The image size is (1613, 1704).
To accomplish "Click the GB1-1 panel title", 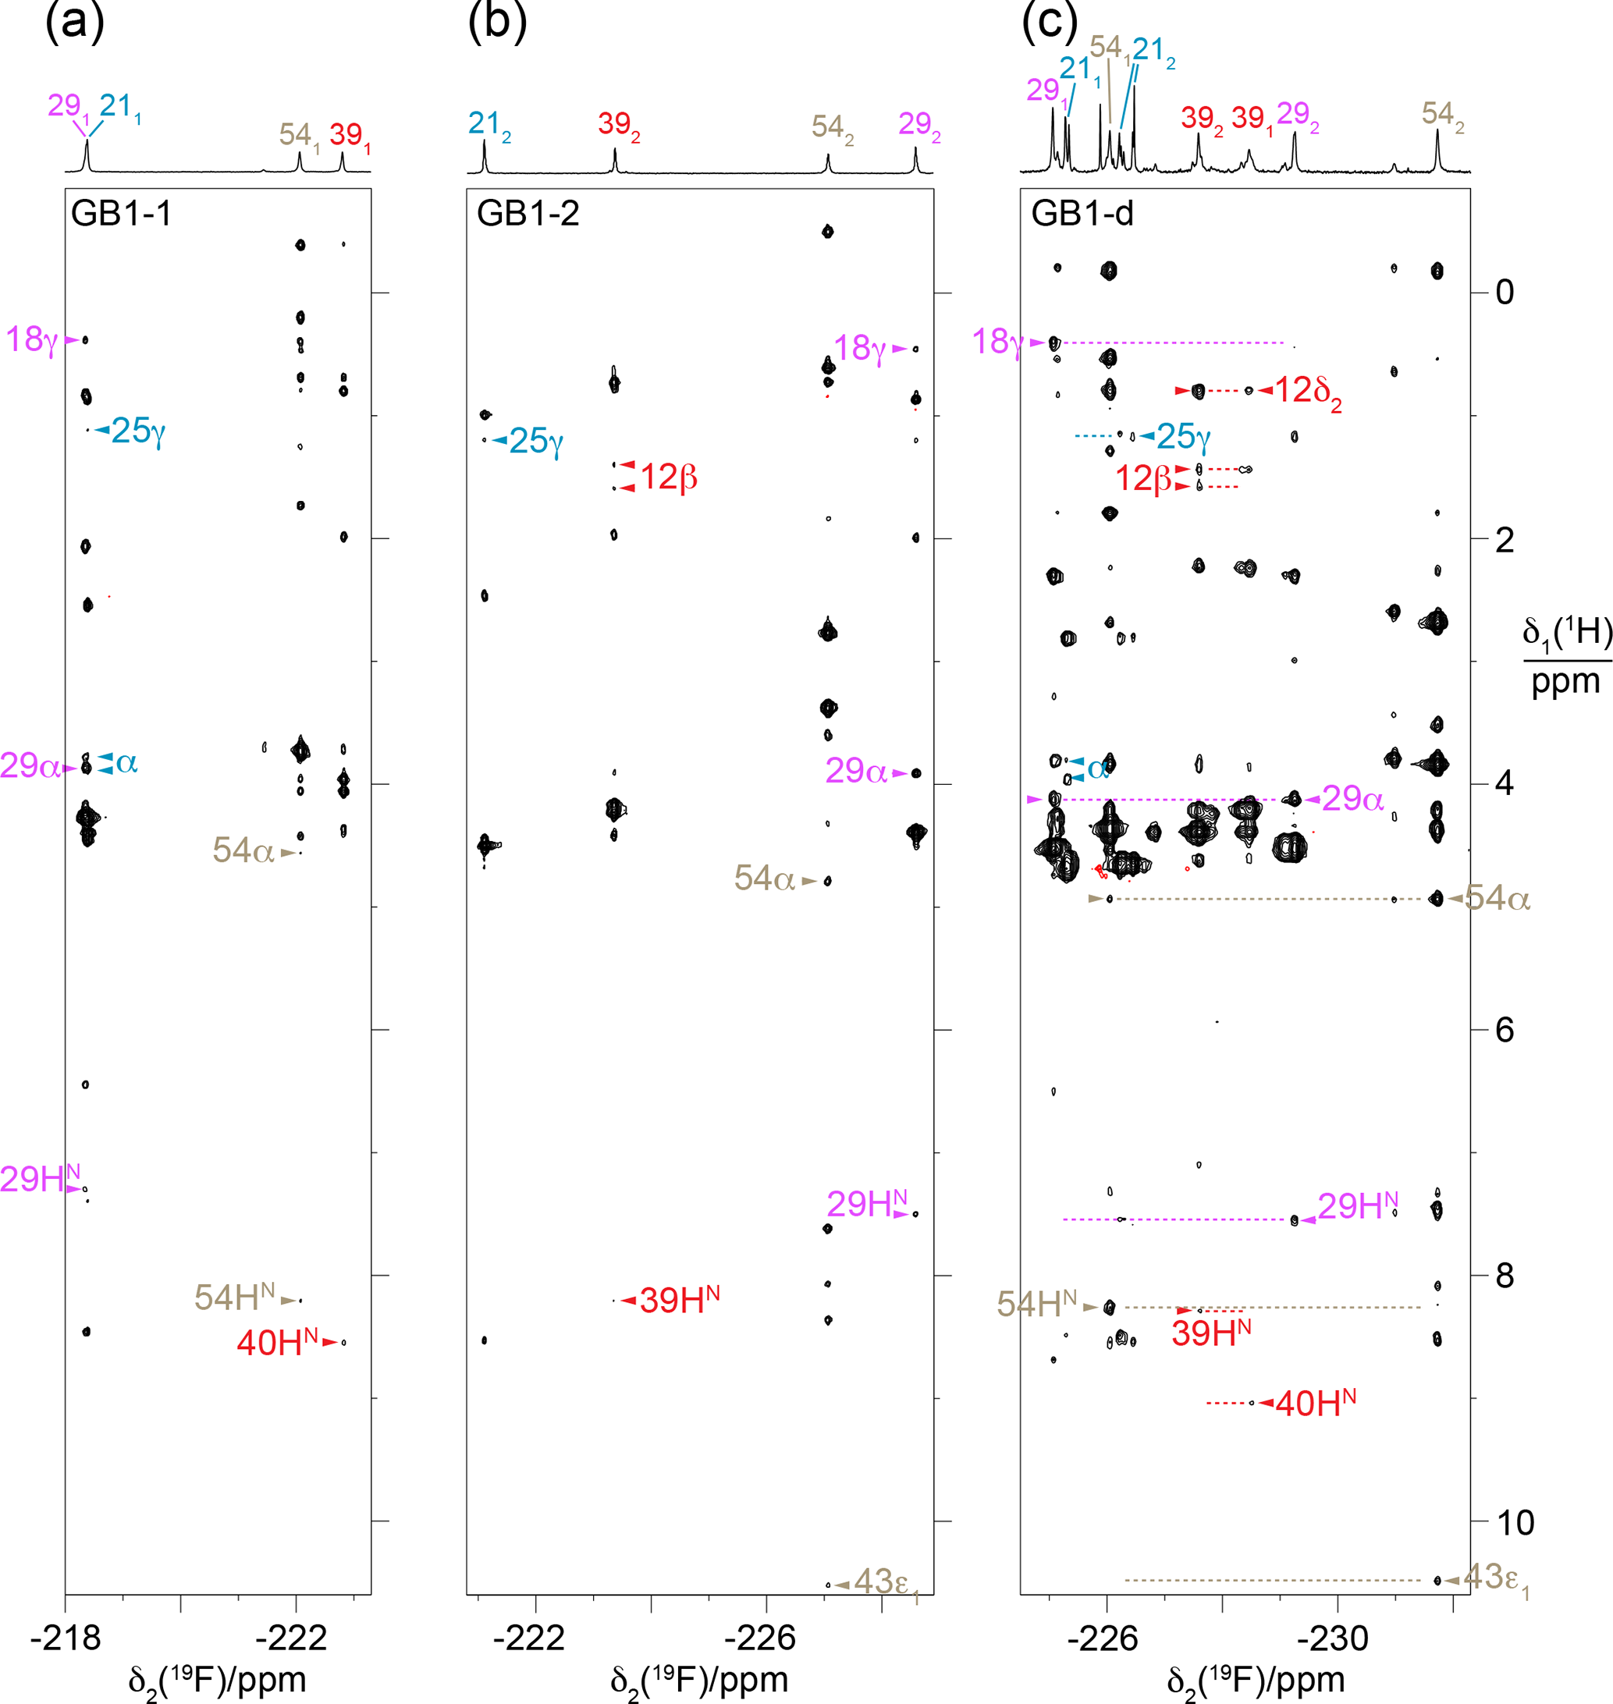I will (121, 213).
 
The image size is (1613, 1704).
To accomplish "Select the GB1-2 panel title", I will (528, 213).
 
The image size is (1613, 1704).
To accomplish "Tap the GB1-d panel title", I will (1082, 213).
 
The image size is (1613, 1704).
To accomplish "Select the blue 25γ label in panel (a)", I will (137, 431).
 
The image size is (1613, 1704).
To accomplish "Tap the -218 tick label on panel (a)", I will (66, 1638).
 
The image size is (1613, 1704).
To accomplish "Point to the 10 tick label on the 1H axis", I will (1515, 1522).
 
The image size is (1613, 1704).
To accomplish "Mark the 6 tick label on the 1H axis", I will (1504, 1030).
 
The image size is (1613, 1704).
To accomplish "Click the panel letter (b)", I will (497, 22).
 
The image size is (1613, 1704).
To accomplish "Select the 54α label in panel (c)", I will (1497, 899).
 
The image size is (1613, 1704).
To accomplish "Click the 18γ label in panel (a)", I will (33, 339).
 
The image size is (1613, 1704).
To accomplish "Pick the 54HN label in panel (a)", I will (235, 1298).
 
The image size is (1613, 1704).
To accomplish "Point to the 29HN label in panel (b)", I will (867, 1205).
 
